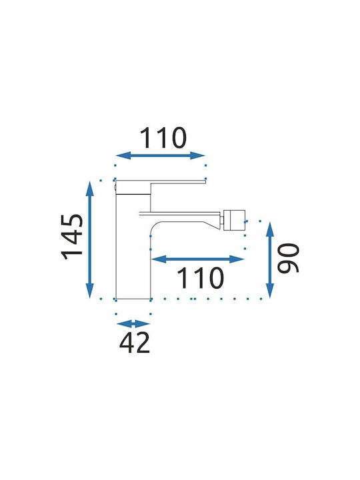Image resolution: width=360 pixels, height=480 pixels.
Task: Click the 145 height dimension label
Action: point(72,237)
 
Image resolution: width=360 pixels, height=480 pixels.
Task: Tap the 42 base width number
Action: point(135,342)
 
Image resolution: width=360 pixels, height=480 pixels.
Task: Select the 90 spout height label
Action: point(288,258)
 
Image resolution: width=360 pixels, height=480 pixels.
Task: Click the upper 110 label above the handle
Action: point(163,138)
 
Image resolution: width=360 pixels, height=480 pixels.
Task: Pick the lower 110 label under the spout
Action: point(200,278)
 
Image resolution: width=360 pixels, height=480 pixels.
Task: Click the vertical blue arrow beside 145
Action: point(90,240)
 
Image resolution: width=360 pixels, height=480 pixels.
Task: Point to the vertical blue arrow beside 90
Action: point(270,260)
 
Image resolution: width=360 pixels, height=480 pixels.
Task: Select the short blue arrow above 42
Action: point(133,323)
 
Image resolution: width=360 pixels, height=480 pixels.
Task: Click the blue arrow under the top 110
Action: point(161,155)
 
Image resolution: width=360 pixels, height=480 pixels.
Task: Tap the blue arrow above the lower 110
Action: point(198,259)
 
